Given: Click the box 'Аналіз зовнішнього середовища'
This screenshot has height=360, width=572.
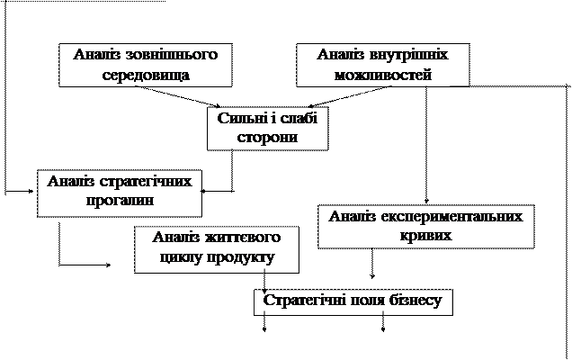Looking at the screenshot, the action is point(146,65).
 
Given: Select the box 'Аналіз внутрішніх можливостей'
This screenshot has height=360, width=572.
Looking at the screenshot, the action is point(382,65).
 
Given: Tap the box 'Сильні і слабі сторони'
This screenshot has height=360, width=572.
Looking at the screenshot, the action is point(268,128).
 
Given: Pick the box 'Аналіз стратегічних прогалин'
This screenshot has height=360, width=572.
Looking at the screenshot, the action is point(120,193).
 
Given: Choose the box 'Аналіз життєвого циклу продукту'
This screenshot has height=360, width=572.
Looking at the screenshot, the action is point(217,249).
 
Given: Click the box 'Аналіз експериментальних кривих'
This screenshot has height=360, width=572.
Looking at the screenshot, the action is point(426,227).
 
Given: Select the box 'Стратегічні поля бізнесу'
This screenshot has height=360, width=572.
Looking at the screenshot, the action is point(353,302).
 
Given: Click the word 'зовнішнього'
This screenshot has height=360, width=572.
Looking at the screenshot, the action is point(172,55).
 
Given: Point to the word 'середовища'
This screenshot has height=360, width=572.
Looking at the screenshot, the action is point(146,75).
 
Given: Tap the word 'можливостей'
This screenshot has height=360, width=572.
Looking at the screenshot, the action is point(383,75).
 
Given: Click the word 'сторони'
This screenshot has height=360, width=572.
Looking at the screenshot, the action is point(267,138).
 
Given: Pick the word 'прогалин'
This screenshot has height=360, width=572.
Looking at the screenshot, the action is point(120,201).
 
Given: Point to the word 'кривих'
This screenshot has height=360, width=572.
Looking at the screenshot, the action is point(426,236).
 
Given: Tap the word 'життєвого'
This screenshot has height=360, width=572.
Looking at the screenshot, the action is point(243,238).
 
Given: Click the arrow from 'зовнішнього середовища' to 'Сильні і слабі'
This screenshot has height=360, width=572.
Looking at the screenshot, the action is point(178,97).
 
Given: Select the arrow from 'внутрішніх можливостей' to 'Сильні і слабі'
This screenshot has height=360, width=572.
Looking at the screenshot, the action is point(350,97).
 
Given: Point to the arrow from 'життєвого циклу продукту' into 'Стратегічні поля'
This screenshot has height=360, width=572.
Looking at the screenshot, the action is point(264,281).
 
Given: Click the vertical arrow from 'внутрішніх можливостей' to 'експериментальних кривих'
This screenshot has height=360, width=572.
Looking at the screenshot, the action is point(426,145).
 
